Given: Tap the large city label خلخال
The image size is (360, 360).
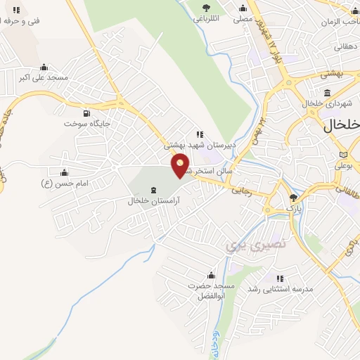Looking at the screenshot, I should pos(342,126).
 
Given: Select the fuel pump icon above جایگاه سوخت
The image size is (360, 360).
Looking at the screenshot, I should pos(86,113).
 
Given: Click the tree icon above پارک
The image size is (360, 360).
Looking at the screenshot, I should pos(293,198).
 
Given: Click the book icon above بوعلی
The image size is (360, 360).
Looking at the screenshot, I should pos(343,155).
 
